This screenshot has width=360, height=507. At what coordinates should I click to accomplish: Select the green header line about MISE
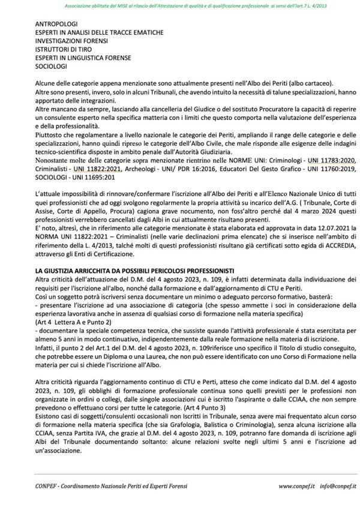(180, 5)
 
